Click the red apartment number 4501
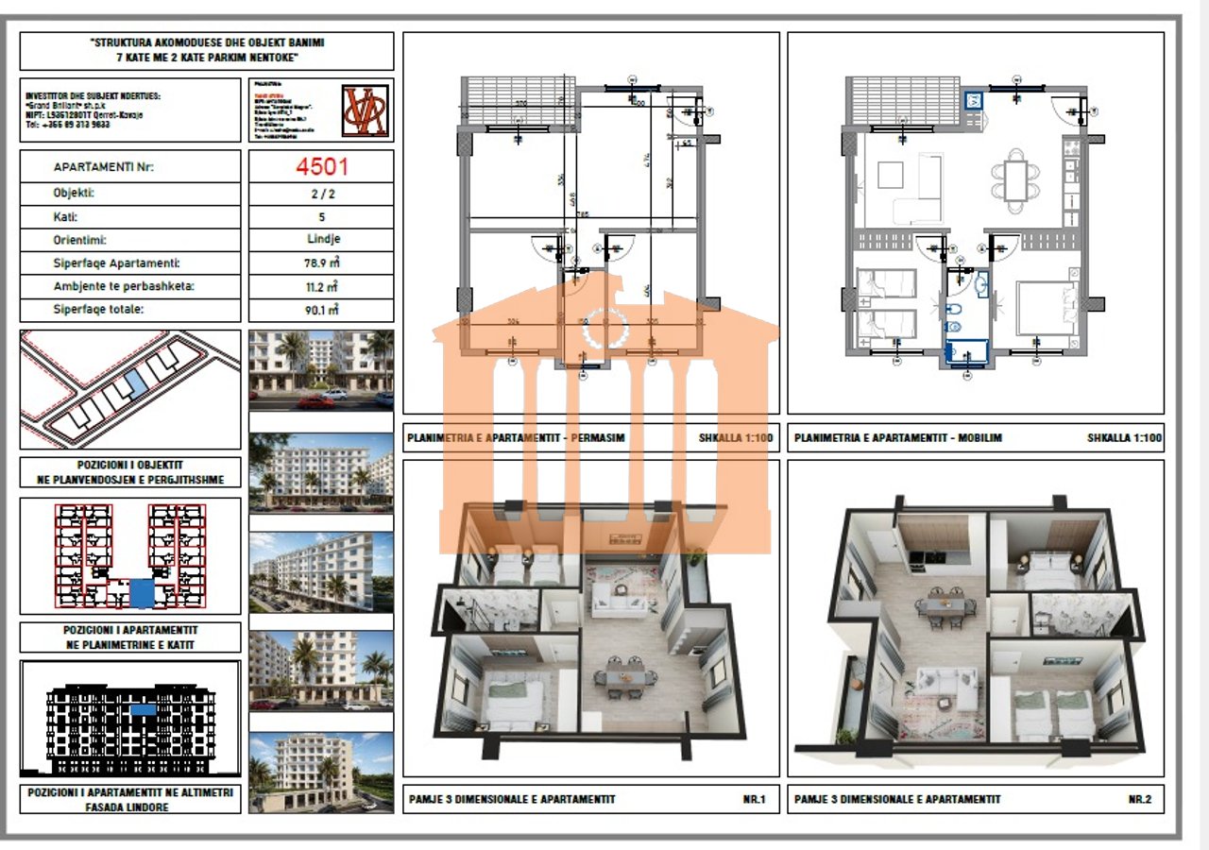(321, 167)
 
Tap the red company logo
(364, 110)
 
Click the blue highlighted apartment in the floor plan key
(142, 593)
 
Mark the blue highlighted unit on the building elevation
(143, 708)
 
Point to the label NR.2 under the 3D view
(1139, 799)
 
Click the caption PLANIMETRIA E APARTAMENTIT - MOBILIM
(897, 438)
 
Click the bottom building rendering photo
(321, 772)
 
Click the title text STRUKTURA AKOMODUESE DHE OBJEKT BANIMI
(207, 43)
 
